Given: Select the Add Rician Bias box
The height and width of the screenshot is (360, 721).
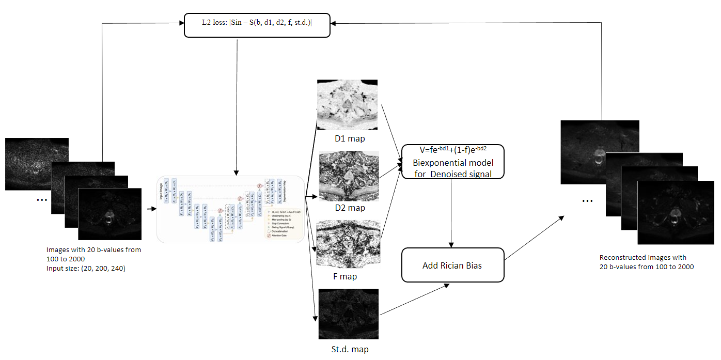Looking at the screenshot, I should coord(452,265).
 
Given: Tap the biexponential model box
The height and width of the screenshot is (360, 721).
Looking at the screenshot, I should coord(452,162).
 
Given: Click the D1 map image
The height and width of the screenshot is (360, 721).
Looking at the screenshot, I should coord(347,105).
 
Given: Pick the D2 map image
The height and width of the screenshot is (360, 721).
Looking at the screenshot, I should coord(349,176).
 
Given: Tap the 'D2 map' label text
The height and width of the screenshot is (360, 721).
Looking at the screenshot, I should coord(349,208).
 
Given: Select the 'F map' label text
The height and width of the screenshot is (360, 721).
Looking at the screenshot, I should coord(345,277).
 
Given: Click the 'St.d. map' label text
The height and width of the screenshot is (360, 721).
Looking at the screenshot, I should coord(350,350).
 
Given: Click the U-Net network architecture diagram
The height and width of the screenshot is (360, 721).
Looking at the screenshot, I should coord(230,209).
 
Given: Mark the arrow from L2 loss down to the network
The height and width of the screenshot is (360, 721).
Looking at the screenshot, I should coord(237,103).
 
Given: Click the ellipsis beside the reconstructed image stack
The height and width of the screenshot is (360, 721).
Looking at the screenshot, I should coord(587,199).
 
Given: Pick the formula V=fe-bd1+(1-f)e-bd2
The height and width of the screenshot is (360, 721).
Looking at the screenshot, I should coord(453,150).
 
